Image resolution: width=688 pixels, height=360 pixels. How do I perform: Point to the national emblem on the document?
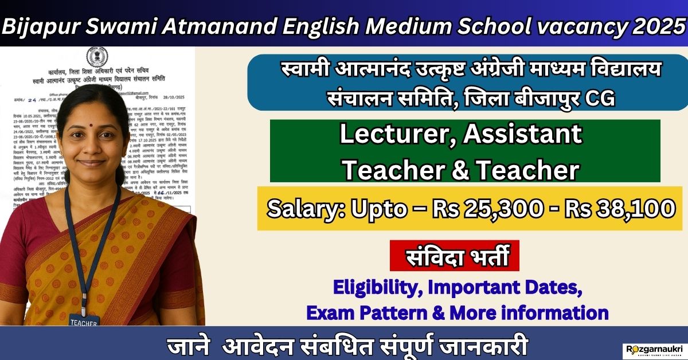click(92, 58)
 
